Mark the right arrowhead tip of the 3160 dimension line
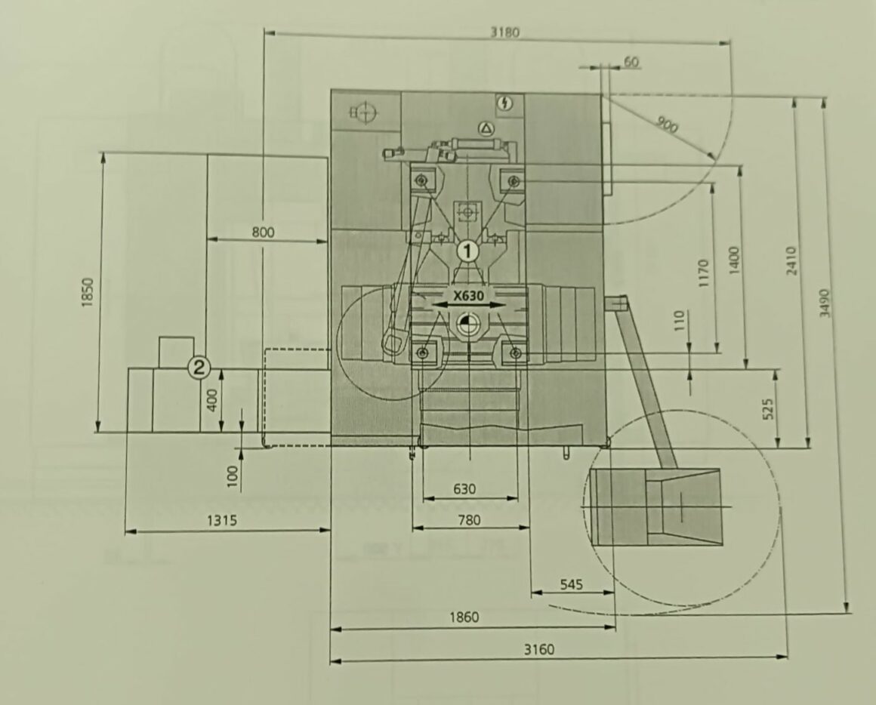(x=788, y=657)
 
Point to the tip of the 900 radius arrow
(x=715, y=159)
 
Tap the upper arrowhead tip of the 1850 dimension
(x=102, y=152)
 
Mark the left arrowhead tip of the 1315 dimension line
(x=125, y=531)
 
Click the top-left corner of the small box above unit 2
(x=160, y=337)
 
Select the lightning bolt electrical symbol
(x=506, y=103)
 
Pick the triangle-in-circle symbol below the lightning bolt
(x=486, y=129)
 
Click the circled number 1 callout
(x=467, y=251)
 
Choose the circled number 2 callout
(x=199, y=368)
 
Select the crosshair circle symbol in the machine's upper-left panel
(x=365, y=112)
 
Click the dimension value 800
(x=263, y=232)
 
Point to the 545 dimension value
(x=571, y=584)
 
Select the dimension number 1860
(x=464, y=617)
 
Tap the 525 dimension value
(x=767, y=408)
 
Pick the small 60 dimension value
(x=631, y=61)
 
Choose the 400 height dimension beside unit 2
(x=211, y=399)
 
